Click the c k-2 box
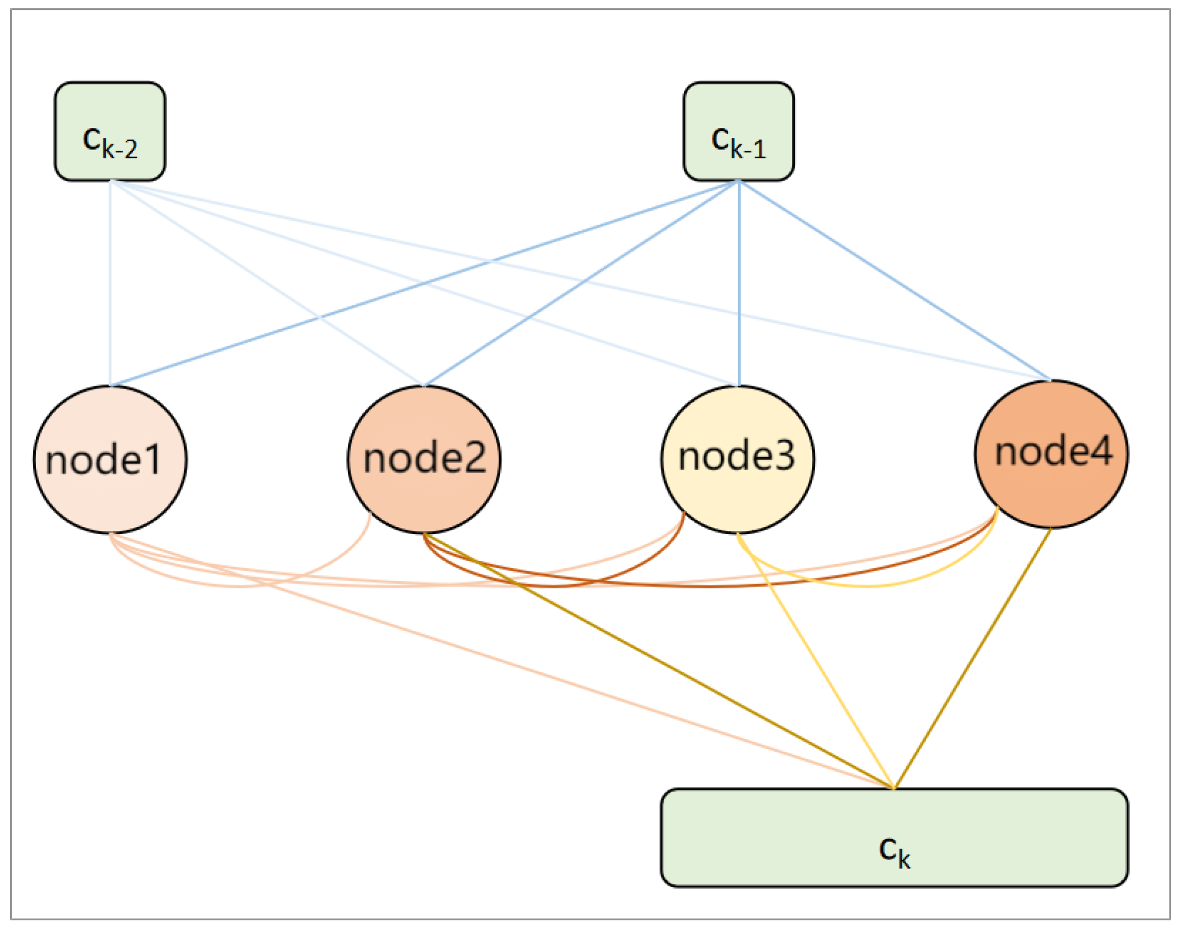(110, 131)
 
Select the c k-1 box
(738, 131)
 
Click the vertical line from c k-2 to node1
(110, 284)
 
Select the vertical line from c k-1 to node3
(739, 284)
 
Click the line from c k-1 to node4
(895, 281)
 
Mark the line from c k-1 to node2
(582, 284)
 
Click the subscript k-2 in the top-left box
(120, 149)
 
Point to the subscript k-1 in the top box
(748, 149)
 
